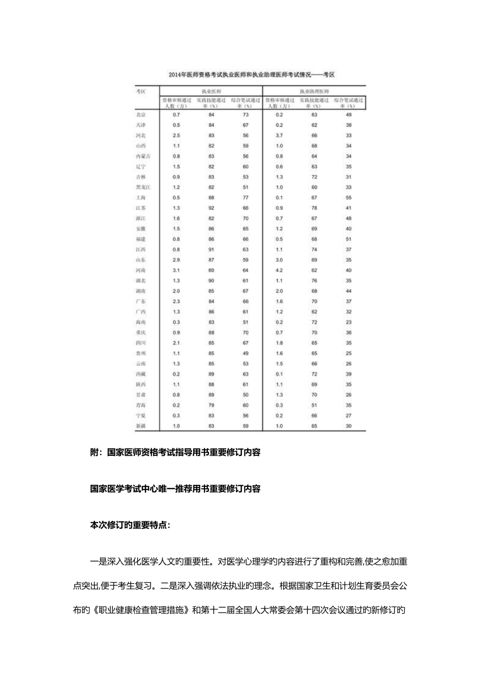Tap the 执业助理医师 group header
tap(314, 91)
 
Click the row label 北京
tap(141, 115)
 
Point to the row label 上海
tap(141, 198)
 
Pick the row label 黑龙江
tap(142, 187)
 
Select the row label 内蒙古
tap(142, 156)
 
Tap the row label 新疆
tap(141, 426)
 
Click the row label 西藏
tap(141, 374)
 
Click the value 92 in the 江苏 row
tap(212, 208)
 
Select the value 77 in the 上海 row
tap(246, 198)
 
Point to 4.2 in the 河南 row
tap(279, 270)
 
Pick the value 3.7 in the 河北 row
tap(279, 136)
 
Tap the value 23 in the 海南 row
tap(348, 322)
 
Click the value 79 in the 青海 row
tap(212, 405)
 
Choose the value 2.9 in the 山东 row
tap(176, 260)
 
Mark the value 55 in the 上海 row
tap(348, 198)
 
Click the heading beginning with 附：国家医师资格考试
tap(175, 452)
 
